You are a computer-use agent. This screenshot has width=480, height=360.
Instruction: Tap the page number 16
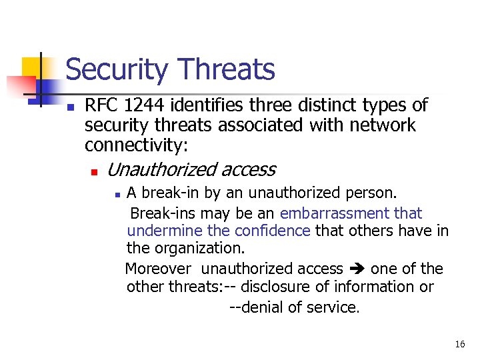tap(459, 344)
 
